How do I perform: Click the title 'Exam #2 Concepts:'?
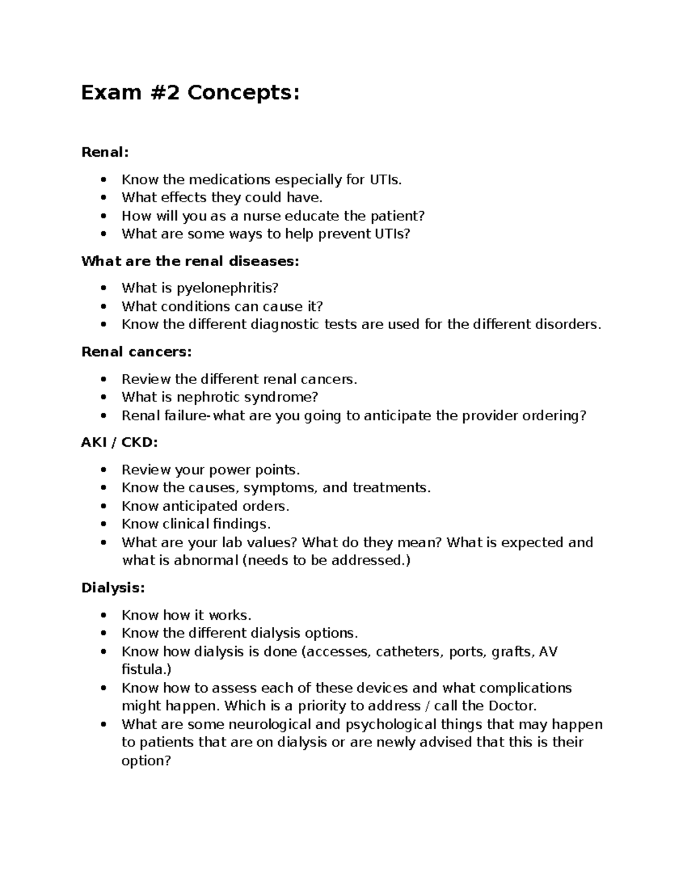pos(190,92)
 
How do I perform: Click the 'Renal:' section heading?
pos(105,152)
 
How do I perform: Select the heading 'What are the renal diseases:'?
pos(190,262)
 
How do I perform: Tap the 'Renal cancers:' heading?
pos(136,352)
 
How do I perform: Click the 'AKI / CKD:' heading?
pos(119,442)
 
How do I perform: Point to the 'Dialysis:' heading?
pos(113,588)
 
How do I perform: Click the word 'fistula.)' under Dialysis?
pos(146,670)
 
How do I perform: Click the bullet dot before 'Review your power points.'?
pos(103,470)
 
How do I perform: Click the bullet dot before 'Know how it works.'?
pos(103,615)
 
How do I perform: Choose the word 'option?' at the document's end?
pos(146,761)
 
